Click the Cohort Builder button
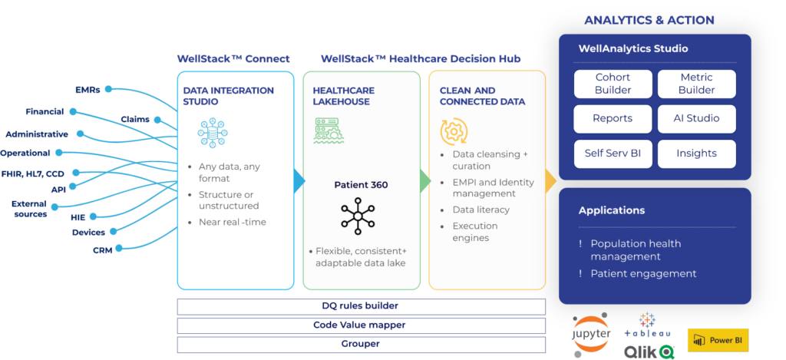(x=613, y=84)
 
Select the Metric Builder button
(x=696, y=84)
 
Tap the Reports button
(x=613, y=119)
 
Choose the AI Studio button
(x=696, y=119)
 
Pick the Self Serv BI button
(x=613, y=154)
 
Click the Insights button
(x=696, y=154)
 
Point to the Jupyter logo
(x=591, y=333)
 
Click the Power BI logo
(x=718, y=340)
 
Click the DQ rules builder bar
(x=360, y=306)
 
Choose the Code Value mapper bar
(x=360, y=325)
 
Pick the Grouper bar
(x=360, y=344)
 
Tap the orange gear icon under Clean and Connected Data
(x=454, y=131)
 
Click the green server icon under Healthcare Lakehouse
(x=329, y=131)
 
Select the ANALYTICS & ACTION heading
(x=649, y=20)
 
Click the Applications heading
(x=612, y=210)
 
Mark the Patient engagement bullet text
(x=643, y=273)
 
